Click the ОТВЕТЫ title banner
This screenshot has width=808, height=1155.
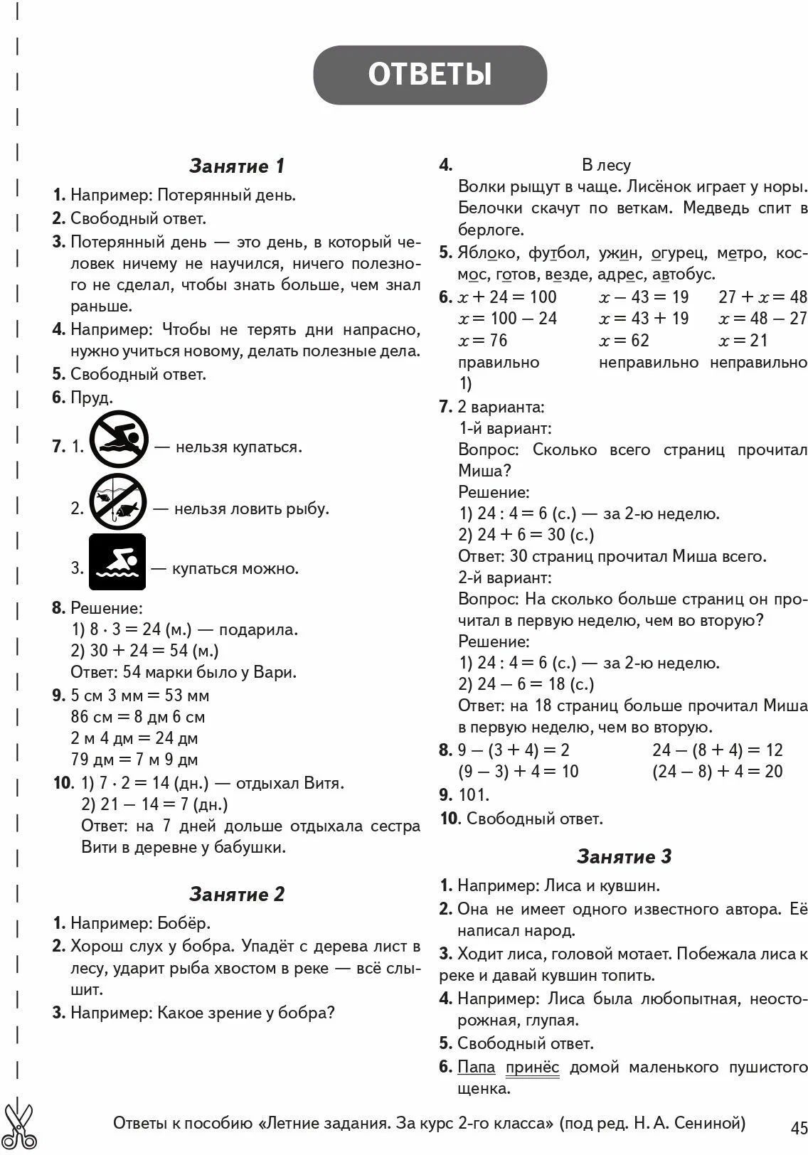[430, 75]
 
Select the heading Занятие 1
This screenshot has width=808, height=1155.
[237, 166]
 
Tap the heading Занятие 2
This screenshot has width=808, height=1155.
[237, 894]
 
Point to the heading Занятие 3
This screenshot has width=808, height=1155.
[624, 856]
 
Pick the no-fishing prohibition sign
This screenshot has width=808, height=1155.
[117, 502]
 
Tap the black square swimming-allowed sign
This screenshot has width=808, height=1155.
[117, 563]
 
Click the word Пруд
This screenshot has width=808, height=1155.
[92, 398]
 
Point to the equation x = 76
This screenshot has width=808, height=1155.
[483, 341]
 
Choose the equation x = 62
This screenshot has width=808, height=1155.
[624, 341]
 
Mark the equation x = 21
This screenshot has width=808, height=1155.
[743, 341]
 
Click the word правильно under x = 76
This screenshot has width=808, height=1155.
[499, 363]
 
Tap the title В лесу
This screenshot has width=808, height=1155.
[606, 166]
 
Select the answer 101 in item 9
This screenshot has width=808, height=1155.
[474, 795]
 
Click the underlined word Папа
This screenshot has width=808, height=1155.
[477, 1068]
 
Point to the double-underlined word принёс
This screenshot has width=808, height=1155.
[532, 1068]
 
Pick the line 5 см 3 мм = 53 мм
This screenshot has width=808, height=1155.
[140, 696]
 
